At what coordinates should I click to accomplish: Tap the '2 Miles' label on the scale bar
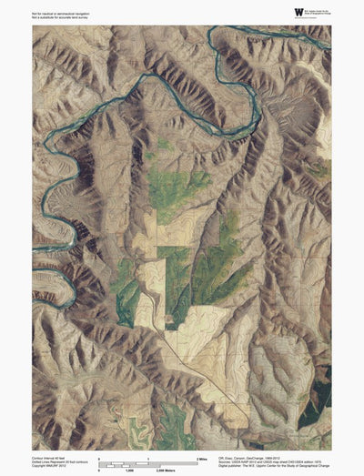tap(202, 458)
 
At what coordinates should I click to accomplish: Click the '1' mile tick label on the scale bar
tap(147, 458)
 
